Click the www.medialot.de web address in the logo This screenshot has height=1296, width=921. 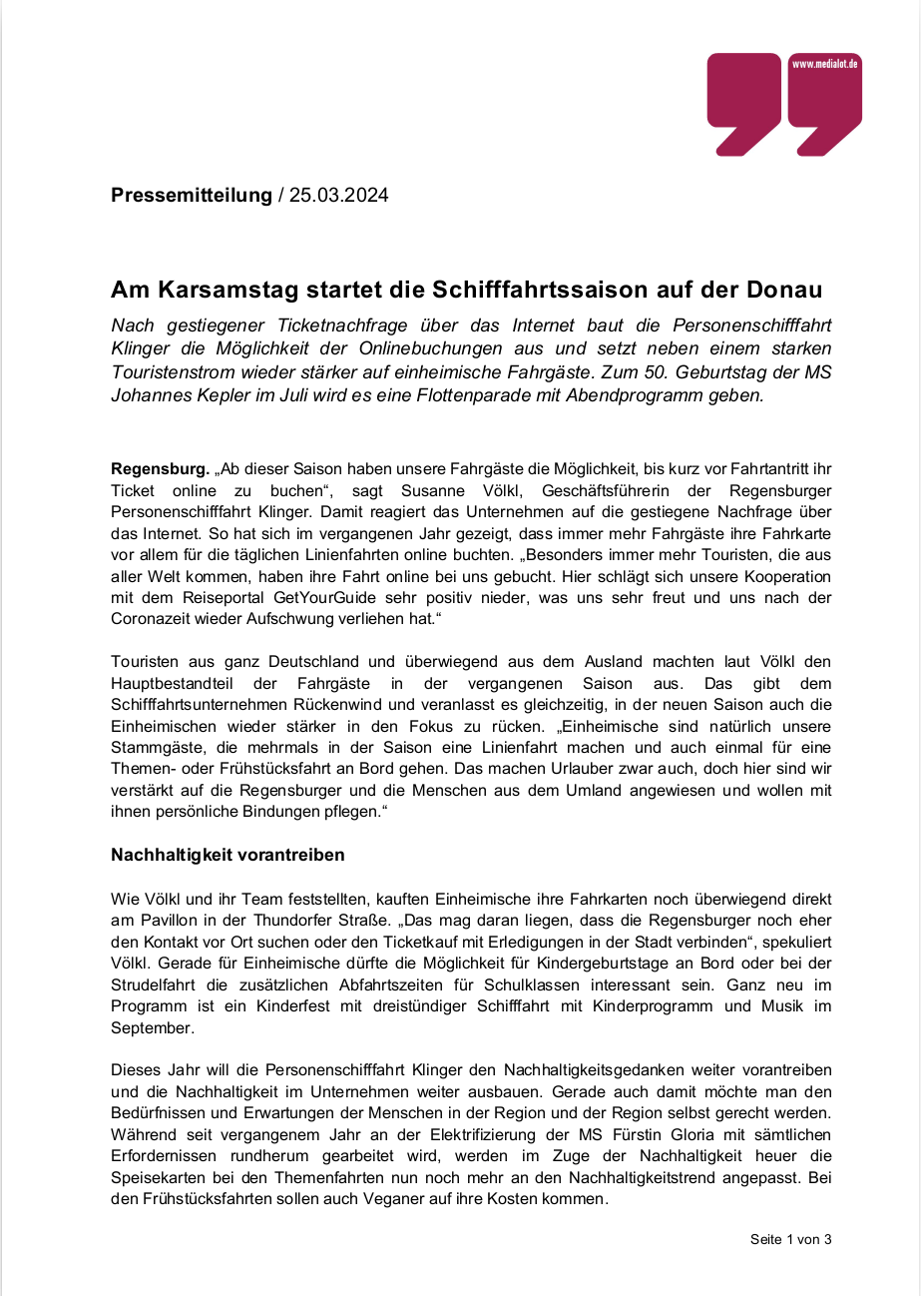click(x=825, y=64)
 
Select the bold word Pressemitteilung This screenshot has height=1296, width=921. click(x=192, y=195)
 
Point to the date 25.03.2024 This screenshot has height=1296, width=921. click(x=339, y=195)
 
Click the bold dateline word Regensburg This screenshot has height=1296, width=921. click(x=159, y=468)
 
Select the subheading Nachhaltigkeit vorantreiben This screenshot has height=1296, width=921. click(x=228, y=855)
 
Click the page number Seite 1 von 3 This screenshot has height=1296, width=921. click(x=790, y=1239)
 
